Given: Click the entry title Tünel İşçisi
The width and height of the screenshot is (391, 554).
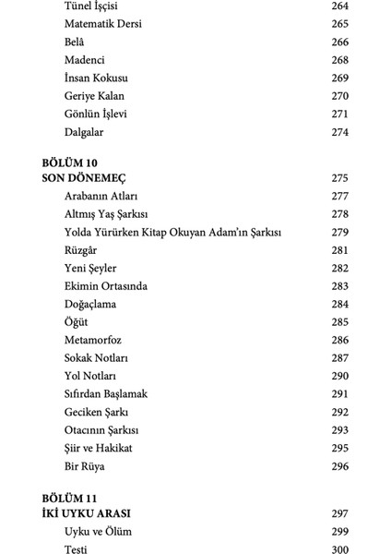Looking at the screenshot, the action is click(91, 6).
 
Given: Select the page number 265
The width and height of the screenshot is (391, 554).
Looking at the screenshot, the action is click(339, 24).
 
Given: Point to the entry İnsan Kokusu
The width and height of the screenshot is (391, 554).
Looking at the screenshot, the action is click(97, 78).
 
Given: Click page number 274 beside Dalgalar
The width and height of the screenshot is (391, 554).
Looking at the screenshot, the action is click(339, 132).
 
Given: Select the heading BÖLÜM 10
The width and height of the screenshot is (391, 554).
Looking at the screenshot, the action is click(71, 163).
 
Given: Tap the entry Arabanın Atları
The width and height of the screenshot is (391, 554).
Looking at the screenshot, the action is click(102, 196).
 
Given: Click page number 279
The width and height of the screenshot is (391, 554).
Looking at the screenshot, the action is click(339, 232).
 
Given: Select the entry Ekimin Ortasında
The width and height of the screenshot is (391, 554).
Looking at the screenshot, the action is click(106, 286).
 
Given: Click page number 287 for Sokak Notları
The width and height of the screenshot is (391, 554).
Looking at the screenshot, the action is click(339, 358).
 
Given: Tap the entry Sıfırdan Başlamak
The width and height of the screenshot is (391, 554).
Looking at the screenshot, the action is click(107, 394).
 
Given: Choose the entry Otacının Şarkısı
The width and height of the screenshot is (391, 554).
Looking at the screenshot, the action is click(102, 430).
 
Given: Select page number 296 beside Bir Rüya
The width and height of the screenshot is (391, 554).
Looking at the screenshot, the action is click(339, 466).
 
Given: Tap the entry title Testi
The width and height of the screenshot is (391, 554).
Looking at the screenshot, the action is click(77, 549).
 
